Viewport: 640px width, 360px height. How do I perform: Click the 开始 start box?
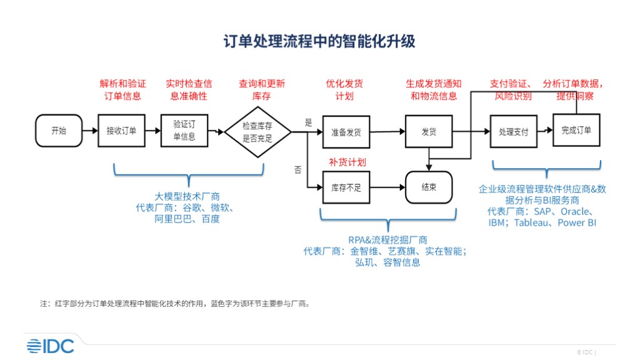click(58, 131)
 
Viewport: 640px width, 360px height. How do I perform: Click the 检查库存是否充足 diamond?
click(257, 132)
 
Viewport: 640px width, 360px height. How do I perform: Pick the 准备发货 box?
click(346, 132)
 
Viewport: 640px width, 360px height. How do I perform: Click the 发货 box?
click(428, 132)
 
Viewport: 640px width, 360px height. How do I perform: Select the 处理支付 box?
click(513, 132)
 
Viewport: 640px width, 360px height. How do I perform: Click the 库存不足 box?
click(346, 187)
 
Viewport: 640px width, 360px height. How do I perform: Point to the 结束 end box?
click(429, 187)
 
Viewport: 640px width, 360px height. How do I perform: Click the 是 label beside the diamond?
click(307, 122)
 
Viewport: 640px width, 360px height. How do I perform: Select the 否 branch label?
click(297, 170)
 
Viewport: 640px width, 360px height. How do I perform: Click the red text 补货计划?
click(347, 162)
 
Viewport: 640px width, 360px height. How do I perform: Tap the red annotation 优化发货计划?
click(344, 89)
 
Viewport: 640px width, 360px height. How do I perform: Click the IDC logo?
click(50, 346)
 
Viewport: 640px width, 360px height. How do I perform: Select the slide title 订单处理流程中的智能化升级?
click(319, 41)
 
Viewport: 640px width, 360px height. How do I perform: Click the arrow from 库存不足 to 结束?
click(384, 187)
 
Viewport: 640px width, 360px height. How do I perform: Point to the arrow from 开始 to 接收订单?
click(90, 131)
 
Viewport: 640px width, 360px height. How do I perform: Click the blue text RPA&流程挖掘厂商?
click(387, 239)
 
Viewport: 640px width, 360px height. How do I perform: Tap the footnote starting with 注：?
click(176, 304)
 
